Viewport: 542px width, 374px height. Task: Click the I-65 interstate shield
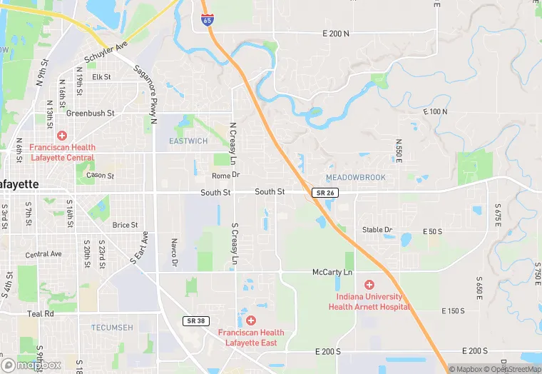pos(207,21)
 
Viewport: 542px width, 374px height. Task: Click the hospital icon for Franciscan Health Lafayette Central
pos(62,135)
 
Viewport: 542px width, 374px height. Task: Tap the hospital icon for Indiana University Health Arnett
pos(369,285)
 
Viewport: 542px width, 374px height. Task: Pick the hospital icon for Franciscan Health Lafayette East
pos(250,320)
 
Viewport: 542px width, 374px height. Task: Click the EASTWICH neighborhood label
pos(188,141)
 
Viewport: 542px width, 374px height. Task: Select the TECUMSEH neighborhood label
pos(112,327)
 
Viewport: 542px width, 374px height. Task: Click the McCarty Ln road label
pos(332,273)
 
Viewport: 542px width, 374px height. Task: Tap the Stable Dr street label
pos(377,230)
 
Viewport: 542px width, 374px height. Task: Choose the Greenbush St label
pos(91,113)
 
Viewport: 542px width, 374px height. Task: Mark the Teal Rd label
pos(41,313)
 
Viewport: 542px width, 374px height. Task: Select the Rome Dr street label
pos(226,175)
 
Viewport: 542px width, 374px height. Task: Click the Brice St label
pos(125,225)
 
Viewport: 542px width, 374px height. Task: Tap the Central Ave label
pos(44,254)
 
